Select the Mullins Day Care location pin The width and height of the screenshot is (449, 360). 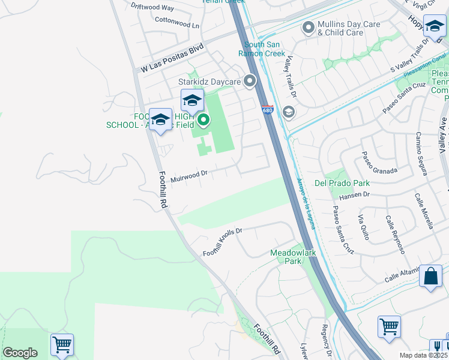pos(309,28)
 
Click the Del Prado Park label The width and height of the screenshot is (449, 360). pos(342,182)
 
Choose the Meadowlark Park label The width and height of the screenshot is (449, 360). pos(292,257)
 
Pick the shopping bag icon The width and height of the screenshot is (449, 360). pos(430,277)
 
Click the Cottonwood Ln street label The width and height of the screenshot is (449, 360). pos(176,25)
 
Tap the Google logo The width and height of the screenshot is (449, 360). pos(20,353)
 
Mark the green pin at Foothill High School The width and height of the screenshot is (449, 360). pos(204,121)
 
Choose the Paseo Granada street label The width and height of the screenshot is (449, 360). pos(379,163)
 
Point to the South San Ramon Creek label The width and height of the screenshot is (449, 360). pos(264,49)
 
